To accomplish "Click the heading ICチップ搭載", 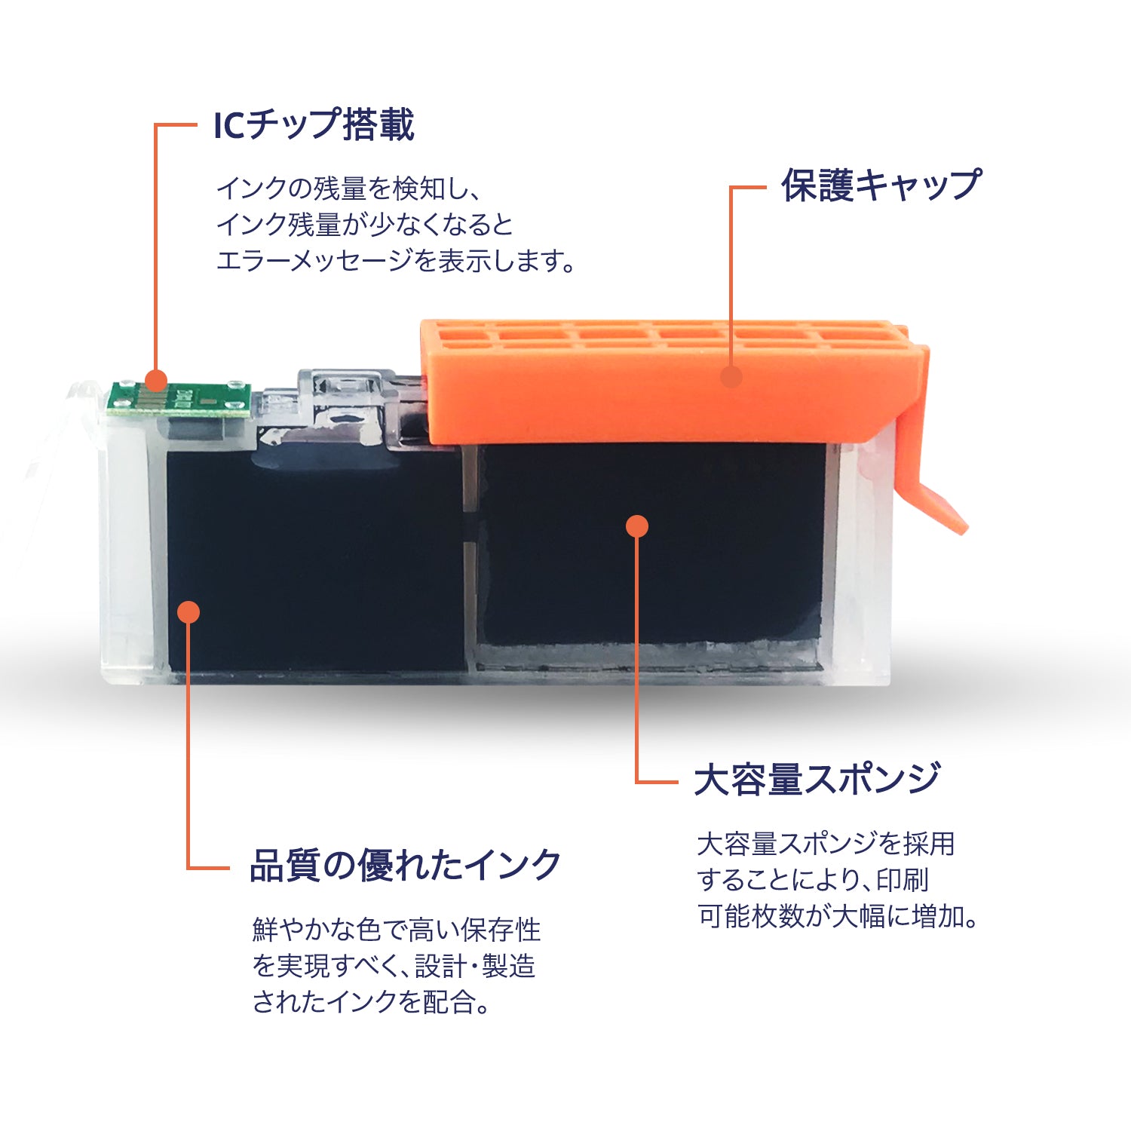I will pos(314,125).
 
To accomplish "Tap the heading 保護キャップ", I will pos(881,185).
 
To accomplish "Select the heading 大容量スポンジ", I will pos(817,780).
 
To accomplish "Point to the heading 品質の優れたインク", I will pos(405,866).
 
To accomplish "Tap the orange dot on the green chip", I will pos(156,379).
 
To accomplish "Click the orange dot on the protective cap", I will pos(731,376).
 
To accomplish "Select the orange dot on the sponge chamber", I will pos(637,526).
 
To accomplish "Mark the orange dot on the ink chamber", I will pos(188,611).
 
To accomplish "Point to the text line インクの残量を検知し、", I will pos(348,188).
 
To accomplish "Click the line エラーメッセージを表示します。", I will pos(395,261).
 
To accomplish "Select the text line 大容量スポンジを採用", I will pos(826,844).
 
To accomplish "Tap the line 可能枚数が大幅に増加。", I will pos(838,916).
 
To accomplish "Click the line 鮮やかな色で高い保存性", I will pos(397,930).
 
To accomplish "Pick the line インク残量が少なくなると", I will pos(364,225).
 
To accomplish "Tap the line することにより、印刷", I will pos(812,880).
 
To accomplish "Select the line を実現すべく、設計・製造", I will pos(394,966).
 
